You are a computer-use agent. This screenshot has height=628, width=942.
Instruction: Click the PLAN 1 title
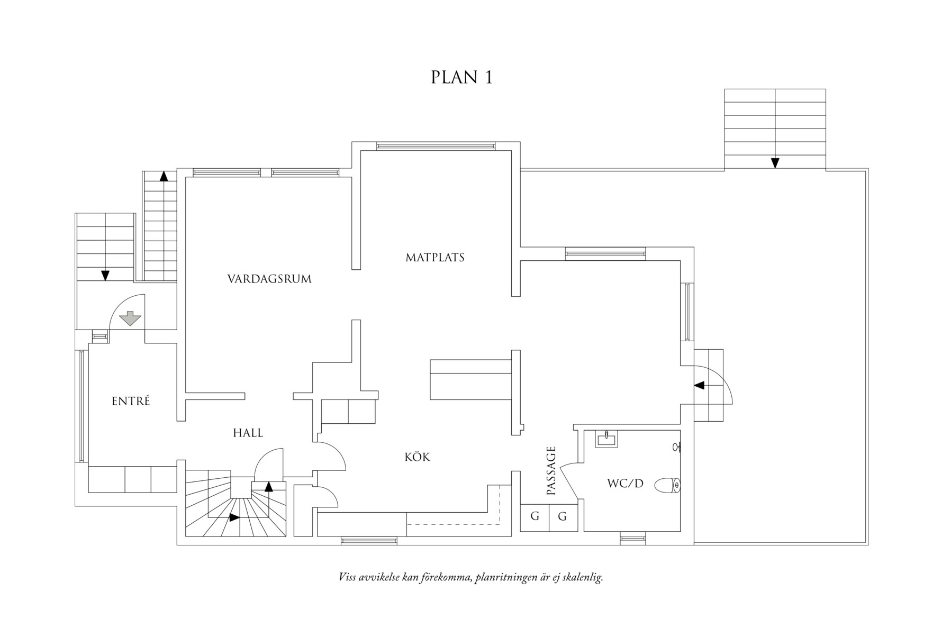click(461, 77)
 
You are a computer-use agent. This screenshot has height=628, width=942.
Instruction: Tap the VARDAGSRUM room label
click(269, 279)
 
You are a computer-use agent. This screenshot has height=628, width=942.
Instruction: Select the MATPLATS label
click(434, 258)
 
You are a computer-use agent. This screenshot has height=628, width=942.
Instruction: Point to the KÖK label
click(418, 457)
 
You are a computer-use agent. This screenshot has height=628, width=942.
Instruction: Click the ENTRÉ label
click(131, 402)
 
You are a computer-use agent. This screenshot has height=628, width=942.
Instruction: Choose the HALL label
click(248, 433)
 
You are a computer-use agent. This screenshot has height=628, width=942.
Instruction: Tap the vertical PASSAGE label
click(551, 471)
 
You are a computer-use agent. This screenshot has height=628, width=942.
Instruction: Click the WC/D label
click(625, 484)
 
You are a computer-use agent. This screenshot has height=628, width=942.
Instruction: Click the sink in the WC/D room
click(606, 439)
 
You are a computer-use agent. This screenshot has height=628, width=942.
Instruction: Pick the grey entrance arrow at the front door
click(130, 318)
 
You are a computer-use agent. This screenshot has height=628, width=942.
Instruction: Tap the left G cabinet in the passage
click(535, 516)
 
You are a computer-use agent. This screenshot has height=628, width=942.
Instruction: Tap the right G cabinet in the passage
click(563, 516)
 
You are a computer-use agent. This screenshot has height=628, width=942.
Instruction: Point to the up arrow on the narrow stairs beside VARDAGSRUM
click(164, 177)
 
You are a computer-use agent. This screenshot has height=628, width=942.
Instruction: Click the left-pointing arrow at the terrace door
click(699, 385)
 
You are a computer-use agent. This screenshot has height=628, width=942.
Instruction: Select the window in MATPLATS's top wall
click(435, 145)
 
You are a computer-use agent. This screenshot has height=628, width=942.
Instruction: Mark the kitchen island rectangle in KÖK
click(470, 379)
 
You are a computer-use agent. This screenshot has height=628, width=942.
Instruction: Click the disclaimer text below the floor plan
click(470, 577)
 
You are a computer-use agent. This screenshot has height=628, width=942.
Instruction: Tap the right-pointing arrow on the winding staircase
click(233, 517)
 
